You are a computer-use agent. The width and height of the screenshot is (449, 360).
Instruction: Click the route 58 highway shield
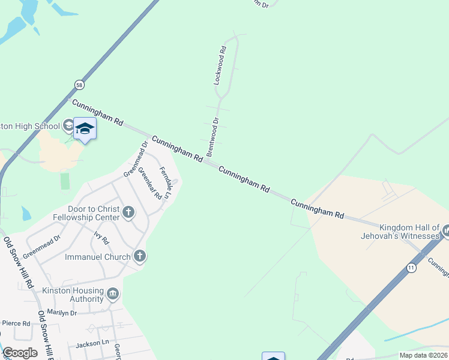pos(79,86)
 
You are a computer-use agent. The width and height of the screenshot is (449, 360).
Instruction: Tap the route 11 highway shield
pos(411,268)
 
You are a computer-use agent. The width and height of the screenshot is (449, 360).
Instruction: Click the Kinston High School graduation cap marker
pos(85,129)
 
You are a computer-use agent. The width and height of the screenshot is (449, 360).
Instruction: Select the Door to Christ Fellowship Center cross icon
pos(128,212)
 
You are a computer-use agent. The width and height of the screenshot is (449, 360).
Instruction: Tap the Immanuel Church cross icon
pos(139,257)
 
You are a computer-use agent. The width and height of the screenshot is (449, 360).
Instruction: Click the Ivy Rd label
pos(101,238)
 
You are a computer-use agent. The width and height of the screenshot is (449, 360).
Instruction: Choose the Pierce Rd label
pos(16,323)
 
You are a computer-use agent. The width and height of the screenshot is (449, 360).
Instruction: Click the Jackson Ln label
pos(92,344)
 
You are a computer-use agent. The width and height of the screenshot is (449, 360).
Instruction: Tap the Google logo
pos(20,353)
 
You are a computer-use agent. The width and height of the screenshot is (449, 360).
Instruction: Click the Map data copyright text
pos(423,355)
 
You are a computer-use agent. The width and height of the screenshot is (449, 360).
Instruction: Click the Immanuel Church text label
pos(97,257)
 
